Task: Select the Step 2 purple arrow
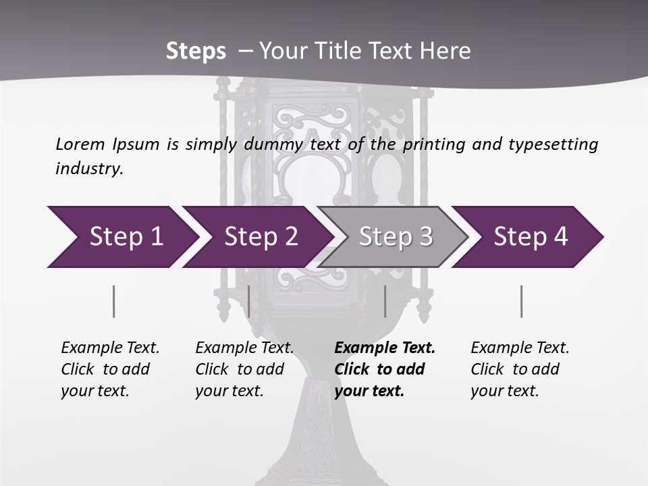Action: coord(261,237)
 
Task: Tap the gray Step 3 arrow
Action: coord(395,237)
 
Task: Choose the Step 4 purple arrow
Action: coord(531,237)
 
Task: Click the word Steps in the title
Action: coord(196,51)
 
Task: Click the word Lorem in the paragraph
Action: coord(80,144)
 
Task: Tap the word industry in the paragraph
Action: coord(89,169)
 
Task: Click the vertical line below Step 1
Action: coord(114,301)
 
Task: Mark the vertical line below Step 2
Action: coord(249,301)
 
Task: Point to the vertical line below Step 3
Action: coord(385,301)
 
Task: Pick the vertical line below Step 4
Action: coord(521,301)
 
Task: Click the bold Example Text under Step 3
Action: coord(385,348)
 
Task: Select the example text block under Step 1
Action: coord(110,369)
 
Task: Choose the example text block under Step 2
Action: coord(244,369)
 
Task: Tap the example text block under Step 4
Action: coord(520,369)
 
